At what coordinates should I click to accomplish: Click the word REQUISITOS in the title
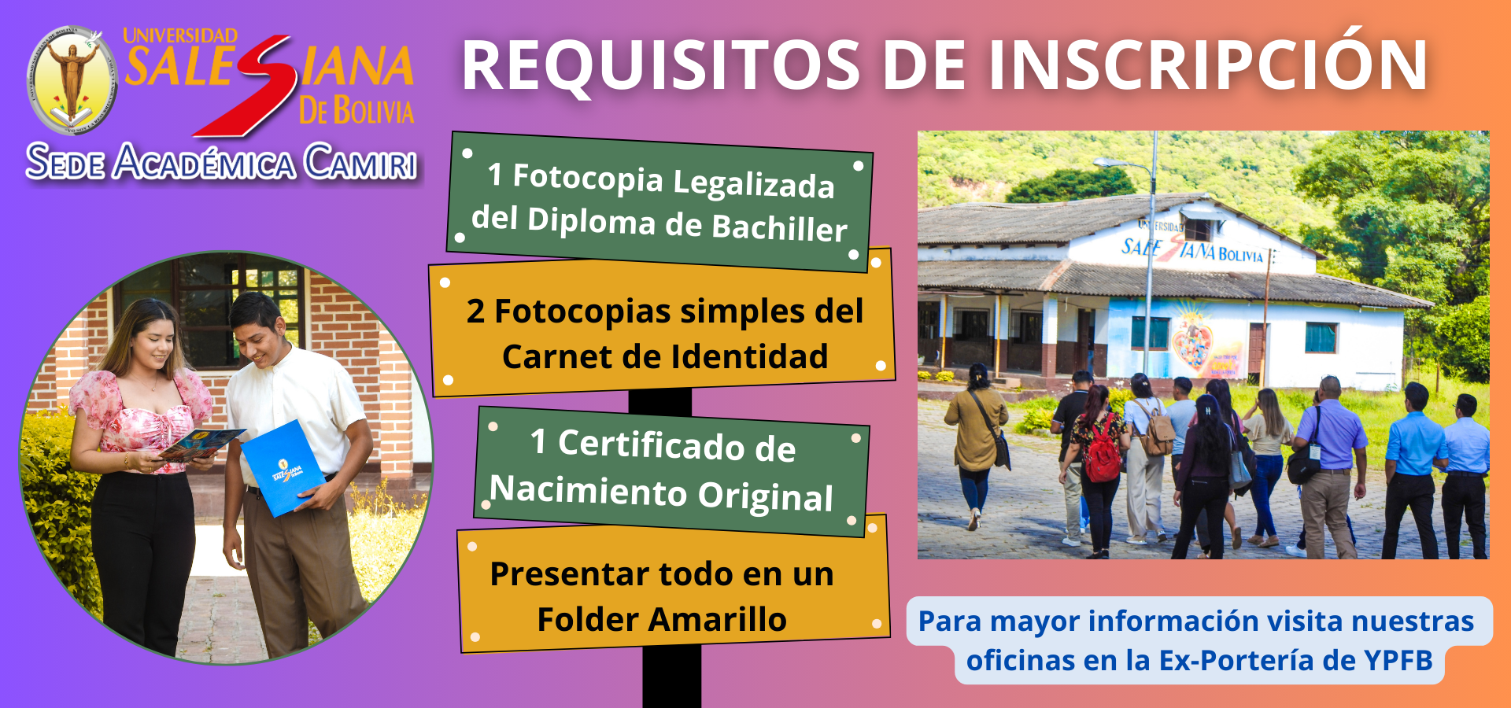tap(661, 66)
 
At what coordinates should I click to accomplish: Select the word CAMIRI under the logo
tap(360, 162)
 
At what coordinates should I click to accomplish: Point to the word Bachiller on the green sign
tap(779, 227)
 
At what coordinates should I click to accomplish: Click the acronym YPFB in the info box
tap(1398, 660)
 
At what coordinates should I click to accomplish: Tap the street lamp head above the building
tap(1111, 163)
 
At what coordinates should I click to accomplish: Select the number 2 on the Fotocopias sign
tap(475, 312)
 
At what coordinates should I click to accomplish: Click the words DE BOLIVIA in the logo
tap(357, 110)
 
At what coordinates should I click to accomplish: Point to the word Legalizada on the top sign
tap(753, 183)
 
